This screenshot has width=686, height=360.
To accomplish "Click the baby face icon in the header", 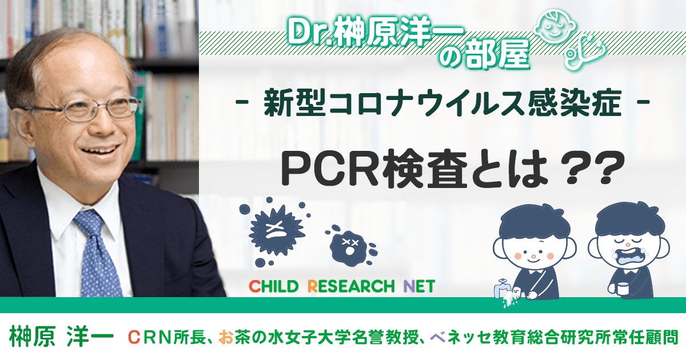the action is point(555,27).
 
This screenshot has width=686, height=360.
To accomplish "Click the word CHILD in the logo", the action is point(273,287).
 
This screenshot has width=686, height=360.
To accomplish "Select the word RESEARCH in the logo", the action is point(351,287).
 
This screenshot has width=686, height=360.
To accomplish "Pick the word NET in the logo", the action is point(420,287).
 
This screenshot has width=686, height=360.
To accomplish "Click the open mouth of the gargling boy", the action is point(628,259).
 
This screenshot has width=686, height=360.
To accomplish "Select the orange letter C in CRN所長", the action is point(134,337).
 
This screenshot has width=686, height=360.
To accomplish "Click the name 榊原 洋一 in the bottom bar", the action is point(61,337).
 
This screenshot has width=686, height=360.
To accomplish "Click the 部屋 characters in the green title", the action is point(498,55).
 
